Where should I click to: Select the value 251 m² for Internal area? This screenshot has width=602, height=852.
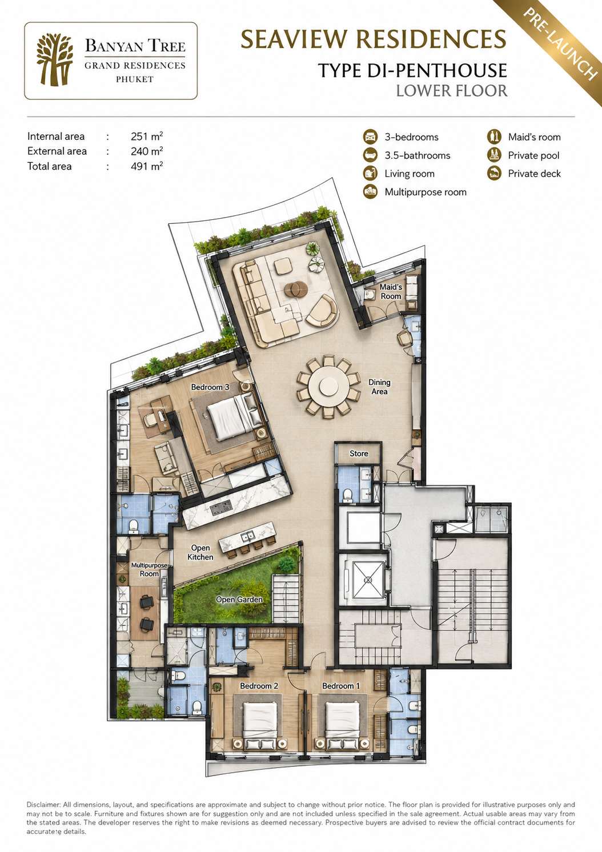[x=147, y=136]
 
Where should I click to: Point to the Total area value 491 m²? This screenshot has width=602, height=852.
[x=147, y=166]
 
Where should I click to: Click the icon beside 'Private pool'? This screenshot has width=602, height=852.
[x=494, y=155]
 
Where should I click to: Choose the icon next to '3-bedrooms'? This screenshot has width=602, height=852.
[x=370, y=137]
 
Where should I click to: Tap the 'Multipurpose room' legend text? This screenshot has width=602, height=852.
[x=426, y=192]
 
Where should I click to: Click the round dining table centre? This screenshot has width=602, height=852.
[x=328, y=387]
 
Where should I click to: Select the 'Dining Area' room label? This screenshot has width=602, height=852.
[x=379, y=387]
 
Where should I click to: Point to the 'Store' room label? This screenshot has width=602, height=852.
[x=359, y=453]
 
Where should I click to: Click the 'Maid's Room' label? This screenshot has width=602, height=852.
[x=391, y=291]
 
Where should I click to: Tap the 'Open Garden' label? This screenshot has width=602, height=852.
[x=239, y=600]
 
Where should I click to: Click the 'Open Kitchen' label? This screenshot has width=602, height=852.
[x=200, y=552]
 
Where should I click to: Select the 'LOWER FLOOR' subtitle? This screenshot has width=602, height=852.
[x=452, y=91]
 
